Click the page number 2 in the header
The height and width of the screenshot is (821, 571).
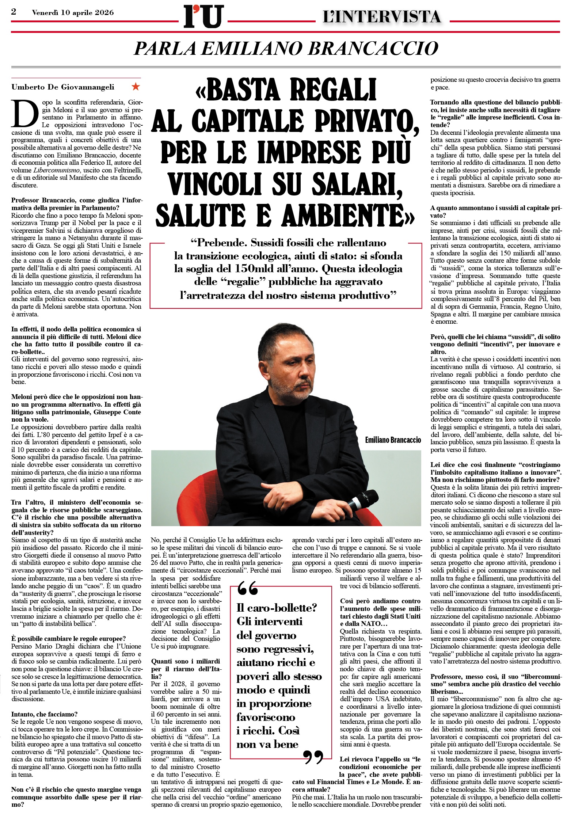coord(14,12)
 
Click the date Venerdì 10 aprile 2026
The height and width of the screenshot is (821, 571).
coord(73,13)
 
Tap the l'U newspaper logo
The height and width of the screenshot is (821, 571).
coord(203,17)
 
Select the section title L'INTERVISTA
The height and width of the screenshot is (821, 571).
coord(381,17)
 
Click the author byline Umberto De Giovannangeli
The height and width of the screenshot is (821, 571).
coord(63,87)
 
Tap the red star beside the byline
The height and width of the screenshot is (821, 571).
coord(136,87)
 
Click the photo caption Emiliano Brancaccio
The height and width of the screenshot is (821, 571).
coord(393,440)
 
